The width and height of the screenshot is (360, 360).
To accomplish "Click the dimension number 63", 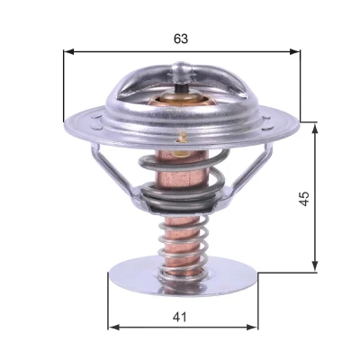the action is click(181, 39).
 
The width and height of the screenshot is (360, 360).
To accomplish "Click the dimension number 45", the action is click(304, 198).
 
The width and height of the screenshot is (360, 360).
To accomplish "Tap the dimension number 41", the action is click(179, 317).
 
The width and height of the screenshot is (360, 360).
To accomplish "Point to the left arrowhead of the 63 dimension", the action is click(68, 52).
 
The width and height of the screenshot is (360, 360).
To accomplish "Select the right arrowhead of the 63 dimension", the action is click(294, 52).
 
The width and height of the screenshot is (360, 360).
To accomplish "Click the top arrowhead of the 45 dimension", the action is click(315, 130).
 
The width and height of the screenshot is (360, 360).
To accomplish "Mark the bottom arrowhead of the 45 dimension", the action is click(315, 265).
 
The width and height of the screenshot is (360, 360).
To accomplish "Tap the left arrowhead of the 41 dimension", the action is click(113, 327).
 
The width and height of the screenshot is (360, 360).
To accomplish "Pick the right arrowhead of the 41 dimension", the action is click(252, 327).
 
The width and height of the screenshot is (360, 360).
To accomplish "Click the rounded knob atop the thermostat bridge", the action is click(181, 72).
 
